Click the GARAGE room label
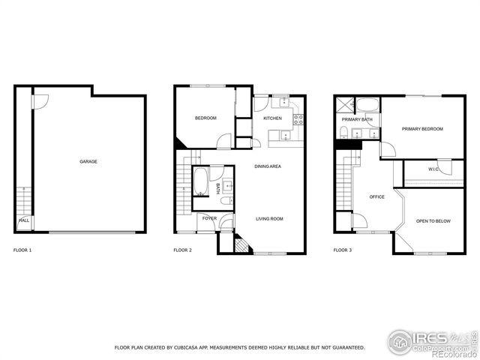(x=88, y=161)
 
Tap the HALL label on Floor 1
(x=24, y=220)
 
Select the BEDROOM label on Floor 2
(x=205, y=118)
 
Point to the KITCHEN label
(x=272, y=118)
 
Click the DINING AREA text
(x=268, y=166)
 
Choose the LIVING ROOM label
(x=269, y=219)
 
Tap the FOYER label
(x=209, y=219)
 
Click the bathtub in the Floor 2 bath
(x=201, y=181)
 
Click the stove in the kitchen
(x=298, y=118)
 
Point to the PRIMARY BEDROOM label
(x=422, y=129)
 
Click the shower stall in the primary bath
(x=343, y=106)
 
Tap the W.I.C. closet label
(x=433, y=169)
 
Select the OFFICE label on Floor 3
(x=376, y=197)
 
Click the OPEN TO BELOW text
(x=433, y=221)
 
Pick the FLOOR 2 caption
(x=182, y=250)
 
